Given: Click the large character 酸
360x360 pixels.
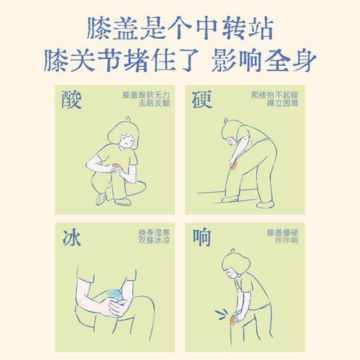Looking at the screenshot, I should (72, 101).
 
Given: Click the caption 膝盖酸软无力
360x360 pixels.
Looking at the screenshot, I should (146, 93).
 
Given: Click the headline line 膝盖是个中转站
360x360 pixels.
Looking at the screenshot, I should (181, 28).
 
